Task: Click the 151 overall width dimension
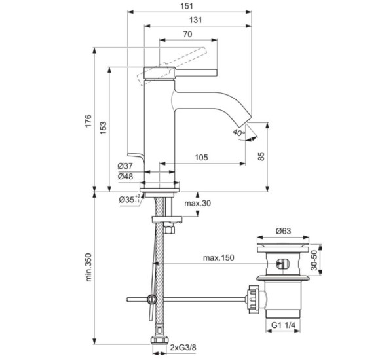187,6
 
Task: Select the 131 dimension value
195,20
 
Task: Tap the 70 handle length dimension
187,34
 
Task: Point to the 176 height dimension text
88,120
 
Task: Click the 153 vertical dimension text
103,128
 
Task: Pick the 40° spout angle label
238,132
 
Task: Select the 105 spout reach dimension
201,157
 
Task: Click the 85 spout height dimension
261,156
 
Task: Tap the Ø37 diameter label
125,166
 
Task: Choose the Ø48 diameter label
125,176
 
